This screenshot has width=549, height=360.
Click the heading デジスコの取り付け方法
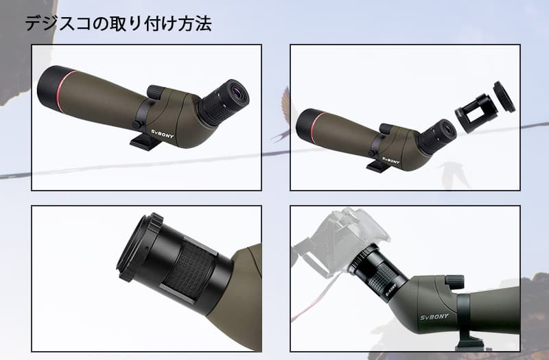pyautogui.click(x=118, y=24)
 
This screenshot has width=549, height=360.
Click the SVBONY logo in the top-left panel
pyautogui.click(x=163, y=134)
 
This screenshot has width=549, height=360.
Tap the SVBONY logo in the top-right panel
pyautogui.click(x=390, y=160)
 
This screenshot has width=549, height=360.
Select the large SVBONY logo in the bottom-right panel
pyautogui.click(x=434, y=317)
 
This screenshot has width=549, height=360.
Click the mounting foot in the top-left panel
pyautogui.click(x=144, y=141)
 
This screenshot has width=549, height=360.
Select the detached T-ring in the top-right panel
pyautogui.click(x=504, y=97)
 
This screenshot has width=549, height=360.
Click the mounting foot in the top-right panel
pyautogui.click(x=378, y=166)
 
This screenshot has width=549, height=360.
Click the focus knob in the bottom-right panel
pyautogui.click(x=454, y=282)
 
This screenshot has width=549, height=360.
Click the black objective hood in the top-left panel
pyautogui.click(x=50, y=87)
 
